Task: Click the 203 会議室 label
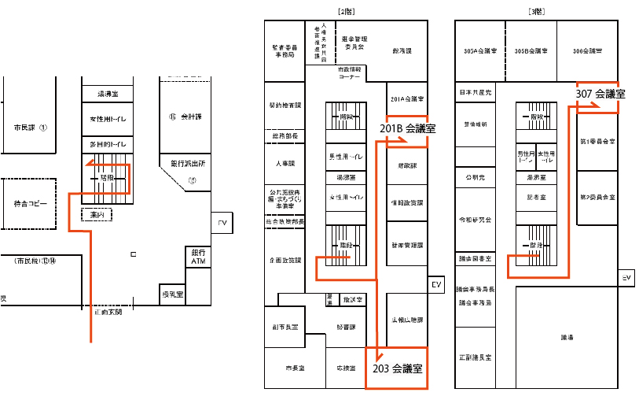click(397, 368)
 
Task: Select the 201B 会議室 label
click(408, 127)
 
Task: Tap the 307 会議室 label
click(600, 94)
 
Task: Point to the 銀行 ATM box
click(197, 257)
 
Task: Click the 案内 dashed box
click(97, 213)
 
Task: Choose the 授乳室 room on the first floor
click(172, 294)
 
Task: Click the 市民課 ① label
click(31, 127)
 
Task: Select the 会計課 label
click(185, 117)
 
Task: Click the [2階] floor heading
click(347, 11)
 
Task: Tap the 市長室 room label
click(295, 368)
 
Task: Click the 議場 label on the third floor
click(567, 337)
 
